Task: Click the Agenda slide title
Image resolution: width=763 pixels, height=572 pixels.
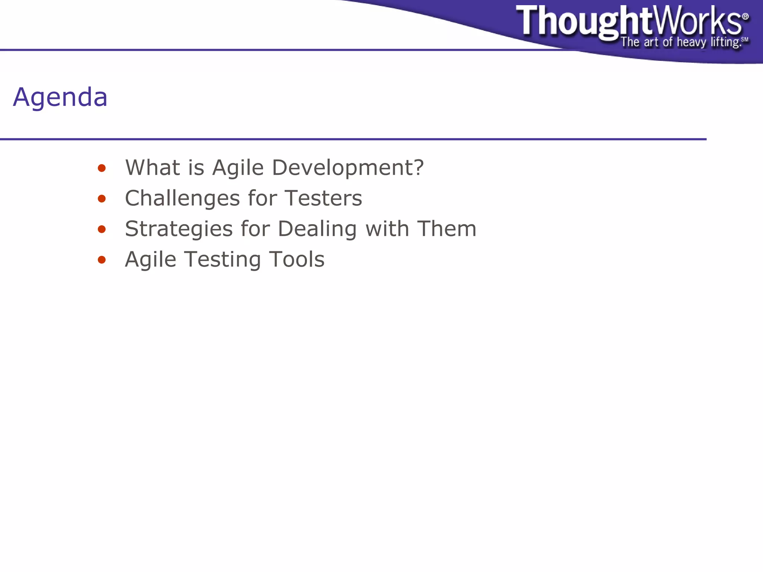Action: click(60, 97)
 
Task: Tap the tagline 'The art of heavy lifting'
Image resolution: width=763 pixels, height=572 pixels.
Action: click(680, 42)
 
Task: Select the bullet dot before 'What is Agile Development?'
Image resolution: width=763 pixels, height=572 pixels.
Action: click(102, 168)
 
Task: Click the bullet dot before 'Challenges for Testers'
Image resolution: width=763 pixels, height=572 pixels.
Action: click(102, 199)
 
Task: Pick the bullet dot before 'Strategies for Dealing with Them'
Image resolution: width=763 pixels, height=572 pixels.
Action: click(102, 229)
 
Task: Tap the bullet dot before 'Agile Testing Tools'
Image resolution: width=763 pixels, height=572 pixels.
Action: click(102, 260)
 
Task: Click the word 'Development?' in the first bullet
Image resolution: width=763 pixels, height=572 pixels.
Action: click(348, 168)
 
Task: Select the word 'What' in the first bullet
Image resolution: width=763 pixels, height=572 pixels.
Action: click(152, 167)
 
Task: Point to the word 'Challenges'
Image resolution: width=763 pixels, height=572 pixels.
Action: click(182, 198)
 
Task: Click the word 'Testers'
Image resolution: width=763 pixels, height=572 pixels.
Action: click(323, 198)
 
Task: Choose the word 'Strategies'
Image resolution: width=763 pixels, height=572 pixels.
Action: click(178, 229)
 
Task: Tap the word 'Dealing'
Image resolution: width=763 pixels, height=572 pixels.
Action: click(317, 229)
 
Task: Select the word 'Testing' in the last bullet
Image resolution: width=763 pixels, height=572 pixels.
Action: click(222, 260)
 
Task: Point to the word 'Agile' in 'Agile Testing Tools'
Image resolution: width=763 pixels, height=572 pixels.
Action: click(150, 260)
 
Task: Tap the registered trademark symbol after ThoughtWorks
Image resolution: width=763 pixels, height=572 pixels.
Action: click(745, 16)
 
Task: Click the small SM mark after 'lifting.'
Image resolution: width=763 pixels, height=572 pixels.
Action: click(744, 40)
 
